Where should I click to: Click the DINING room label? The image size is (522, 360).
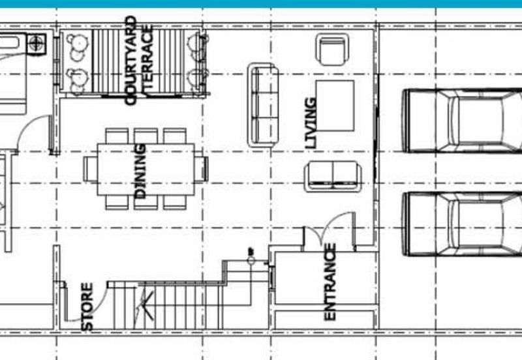139,172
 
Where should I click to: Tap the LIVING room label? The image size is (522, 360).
311,123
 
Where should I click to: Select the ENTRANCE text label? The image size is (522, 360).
330,281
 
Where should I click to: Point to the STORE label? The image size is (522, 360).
87,306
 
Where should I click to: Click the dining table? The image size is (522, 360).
146,170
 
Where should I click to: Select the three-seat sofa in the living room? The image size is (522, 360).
262,104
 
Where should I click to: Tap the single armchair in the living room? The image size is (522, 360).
332,48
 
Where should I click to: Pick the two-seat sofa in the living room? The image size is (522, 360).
333,176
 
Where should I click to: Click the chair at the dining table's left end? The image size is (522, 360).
90,169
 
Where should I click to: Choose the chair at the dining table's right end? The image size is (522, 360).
202,169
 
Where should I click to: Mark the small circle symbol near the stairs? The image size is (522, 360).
251,260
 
